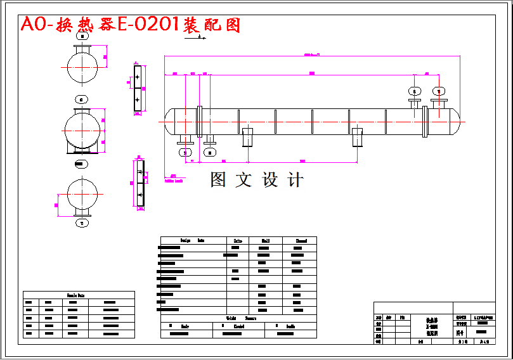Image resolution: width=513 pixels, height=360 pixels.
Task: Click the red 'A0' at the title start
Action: click(32, 25)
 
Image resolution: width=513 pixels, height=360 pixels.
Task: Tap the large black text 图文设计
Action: click(257, 180)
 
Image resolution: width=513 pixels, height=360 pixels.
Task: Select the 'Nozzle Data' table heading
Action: click(79, 295)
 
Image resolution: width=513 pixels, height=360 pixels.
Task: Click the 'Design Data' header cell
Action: click(193, 240)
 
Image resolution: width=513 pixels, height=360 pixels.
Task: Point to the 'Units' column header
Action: click(238, 240)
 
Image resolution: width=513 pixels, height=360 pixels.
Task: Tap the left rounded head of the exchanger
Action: click(169, 121)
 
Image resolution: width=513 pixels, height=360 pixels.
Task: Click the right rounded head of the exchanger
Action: click(455, 121)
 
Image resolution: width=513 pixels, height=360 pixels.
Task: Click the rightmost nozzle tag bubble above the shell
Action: click(438, 91)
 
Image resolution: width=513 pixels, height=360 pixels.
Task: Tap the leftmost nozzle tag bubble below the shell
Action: click(185, 152)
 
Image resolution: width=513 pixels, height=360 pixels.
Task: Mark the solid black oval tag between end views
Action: click(79, 165)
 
